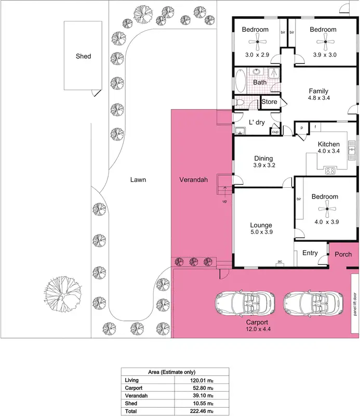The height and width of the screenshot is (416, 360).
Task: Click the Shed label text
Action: pos(83,56)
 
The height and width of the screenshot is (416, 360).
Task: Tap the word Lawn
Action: pos(138,180)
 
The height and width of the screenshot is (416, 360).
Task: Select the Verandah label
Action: pos(193,180)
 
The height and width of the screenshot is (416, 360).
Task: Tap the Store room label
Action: pos(269,102)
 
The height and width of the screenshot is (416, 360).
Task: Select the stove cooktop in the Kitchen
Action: pos(330,169)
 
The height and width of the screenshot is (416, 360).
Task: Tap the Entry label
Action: pos(310,254)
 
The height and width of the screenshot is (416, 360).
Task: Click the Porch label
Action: pos(343,254)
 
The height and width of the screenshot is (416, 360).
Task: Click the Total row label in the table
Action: pos(131,410)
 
